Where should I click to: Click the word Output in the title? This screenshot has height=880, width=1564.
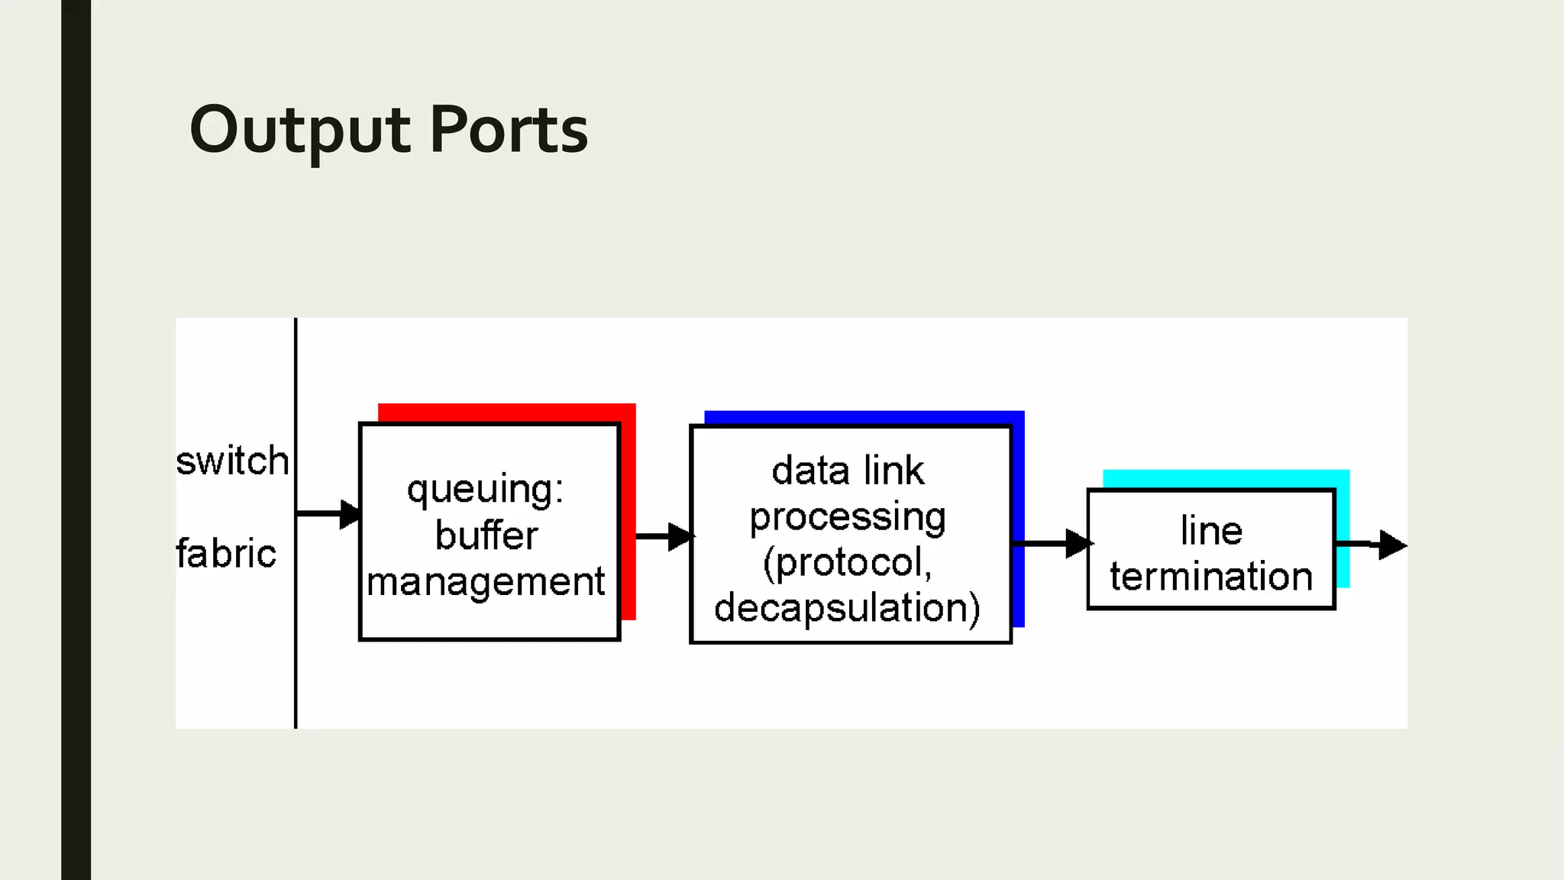coord(300,130)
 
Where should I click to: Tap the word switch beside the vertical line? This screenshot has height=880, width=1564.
coord(232,461)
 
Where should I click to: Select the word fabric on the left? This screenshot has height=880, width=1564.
coord(226,553)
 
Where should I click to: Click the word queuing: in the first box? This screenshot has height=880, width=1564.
coord(486,490)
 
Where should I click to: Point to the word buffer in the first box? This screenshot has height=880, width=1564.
coord(486,535)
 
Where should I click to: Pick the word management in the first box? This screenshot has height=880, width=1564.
coord(486,582)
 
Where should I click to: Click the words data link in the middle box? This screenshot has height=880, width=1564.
coord(848,470)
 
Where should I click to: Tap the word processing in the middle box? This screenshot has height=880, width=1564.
coord(848,518)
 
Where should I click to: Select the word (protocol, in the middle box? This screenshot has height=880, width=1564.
coord(848,563)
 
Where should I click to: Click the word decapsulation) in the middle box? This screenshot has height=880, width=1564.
coord(848,608)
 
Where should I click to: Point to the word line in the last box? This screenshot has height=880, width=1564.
coord(1211,530)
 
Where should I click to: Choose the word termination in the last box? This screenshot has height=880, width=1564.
coord(1211,576)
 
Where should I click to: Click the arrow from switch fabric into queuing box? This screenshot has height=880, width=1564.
coord(328,513)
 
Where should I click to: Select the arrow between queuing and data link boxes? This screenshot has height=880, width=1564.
coord(664,536)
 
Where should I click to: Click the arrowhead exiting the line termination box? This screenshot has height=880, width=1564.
coord(1391,545)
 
